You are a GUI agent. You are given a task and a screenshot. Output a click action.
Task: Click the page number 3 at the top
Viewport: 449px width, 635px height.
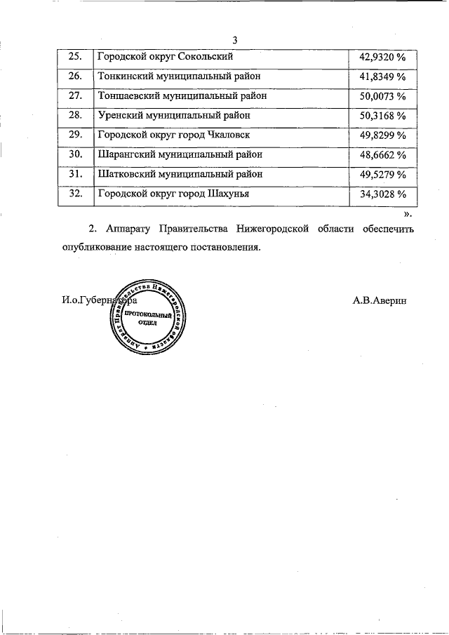[x=235, y=40]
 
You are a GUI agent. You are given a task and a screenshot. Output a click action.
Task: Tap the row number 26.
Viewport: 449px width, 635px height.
[x=76, y=76]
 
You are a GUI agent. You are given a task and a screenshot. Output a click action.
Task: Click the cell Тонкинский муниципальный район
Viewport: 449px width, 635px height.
[x=179, y=76]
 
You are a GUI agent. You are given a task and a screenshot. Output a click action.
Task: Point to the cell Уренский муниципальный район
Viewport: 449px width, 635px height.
[x=173, y=115]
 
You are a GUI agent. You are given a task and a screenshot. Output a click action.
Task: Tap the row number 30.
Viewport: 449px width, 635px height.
[x=76, y=154]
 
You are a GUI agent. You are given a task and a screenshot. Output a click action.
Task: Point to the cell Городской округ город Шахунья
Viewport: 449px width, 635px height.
[x=173, y=194]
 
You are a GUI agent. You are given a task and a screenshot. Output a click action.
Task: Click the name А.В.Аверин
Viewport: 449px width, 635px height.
[x=380, y=300]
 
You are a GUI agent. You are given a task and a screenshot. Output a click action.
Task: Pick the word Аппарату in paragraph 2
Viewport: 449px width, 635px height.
[x=126, y=229]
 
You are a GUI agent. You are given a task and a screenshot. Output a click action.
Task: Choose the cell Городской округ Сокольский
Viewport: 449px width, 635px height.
[x=165, y=56]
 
